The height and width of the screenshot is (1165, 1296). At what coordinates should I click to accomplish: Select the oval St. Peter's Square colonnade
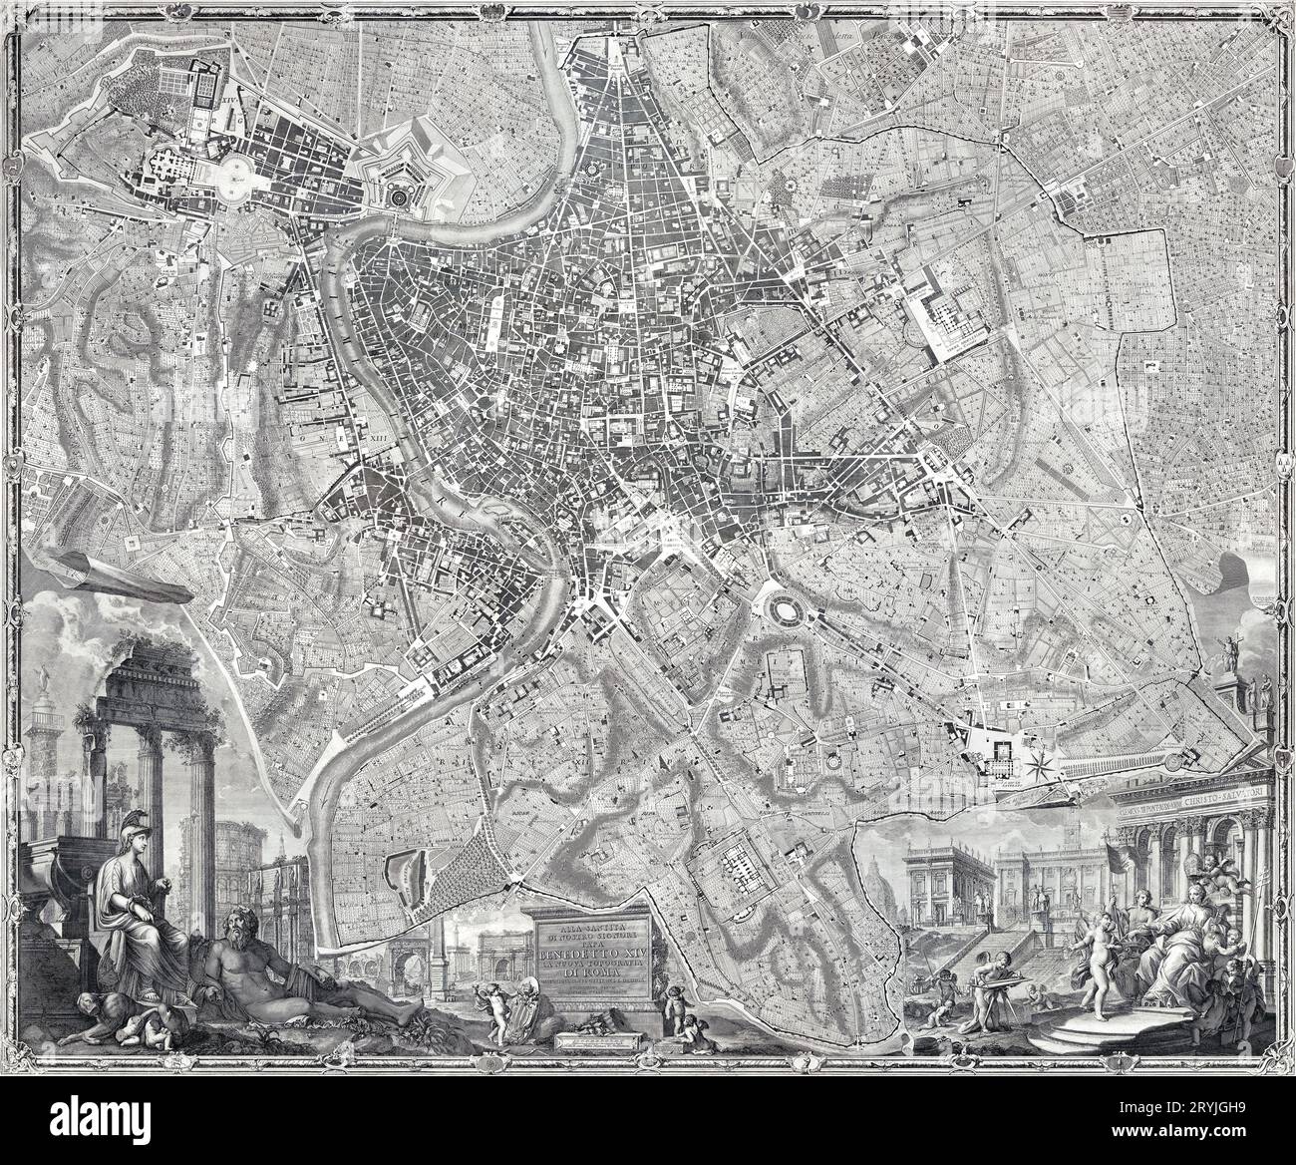point(244,174)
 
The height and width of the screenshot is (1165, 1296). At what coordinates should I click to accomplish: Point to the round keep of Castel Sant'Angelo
point(400,199)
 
